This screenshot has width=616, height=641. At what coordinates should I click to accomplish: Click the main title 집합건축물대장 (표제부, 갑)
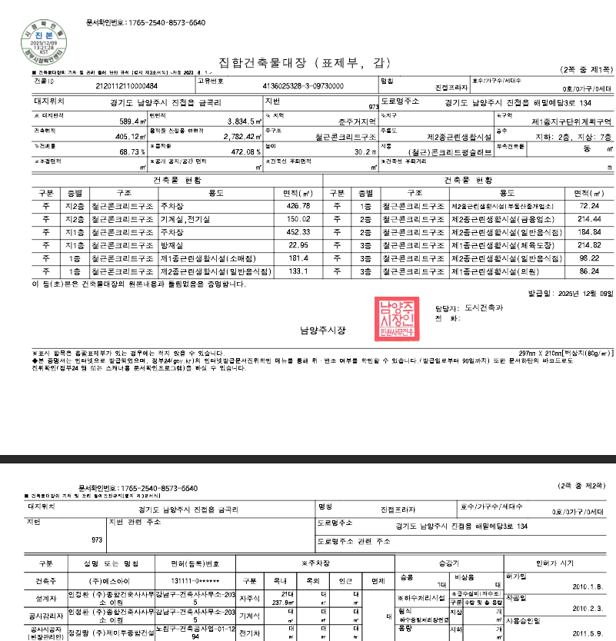pyautogui.click(x=305, y=62)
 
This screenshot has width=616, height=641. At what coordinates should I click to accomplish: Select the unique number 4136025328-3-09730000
pyautogui.click(x=303, y=86)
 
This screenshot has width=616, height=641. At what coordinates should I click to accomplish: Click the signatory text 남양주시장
pyautogui.click(x=323, y=330)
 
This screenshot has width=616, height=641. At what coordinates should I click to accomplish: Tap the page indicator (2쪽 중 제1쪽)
pyautogui.click(x=586, y=70)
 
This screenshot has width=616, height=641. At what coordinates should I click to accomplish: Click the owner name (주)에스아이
pyautogui.click(x=106, y=580)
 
